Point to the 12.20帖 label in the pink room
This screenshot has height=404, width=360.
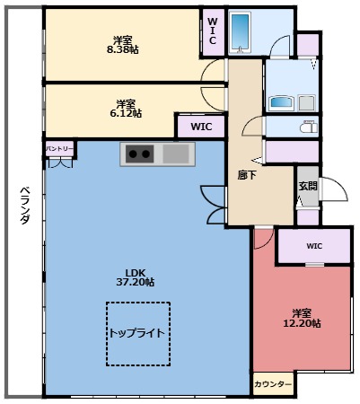[x=305, y=323]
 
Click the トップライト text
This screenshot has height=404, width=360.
[x=136, y=333]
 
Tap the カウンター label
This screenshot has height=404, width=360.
[x=272, y=384]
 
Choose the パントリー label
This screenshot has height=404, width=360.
[x=61, y=147]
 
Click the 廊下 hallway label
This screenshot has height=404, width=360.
[x=247, y=176]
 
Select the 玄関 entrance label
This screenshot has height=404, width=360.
[x=308, y=186]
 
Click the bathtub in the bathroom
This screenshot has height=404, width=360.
[x=241, y=32]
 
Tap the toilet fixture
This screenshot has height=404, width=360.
[x=308, y=127]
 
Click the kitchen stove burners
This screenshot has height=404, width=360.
[x=140, y=154]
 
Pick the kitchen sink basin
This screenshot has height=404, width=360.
[x=175, y=154]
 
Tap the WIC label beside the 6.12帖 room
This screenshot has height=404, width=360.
[x=201, y=127]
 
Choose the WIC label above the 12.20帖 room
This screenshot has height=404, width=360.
[x=313, y=246]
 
